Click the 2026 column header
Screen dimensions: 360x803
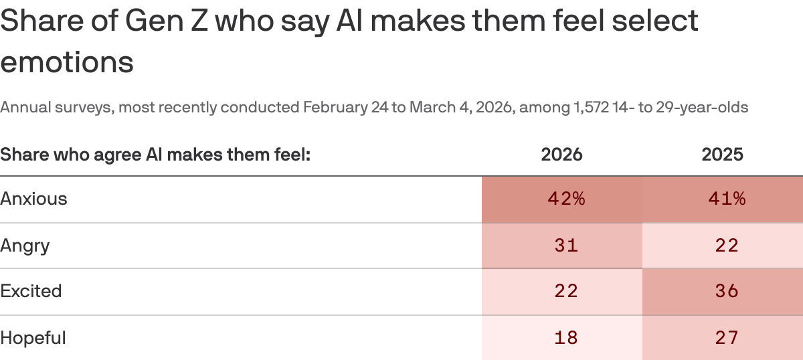coord(561,155)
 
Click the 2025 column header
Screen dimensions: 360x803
coord(722,155)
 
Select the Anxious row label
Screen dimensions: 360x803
coord(34,199)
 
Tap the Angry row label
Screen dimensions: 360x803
coord(25,246)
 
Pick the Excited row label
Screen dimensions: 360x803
coord(31,291)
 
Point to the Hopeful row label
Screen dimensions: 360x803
coord(33,338)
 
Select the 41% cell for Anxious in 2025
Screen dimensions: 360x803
coord(722,199)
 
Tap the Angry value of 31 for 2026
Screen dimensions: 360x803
coord(565,246)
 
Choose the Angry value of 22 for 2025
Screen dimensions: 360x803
coord(726,246)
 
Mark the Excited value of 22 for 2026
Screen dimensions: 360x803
coord(565,291)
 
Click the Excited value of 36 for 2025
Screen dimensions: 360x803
coord(726,291)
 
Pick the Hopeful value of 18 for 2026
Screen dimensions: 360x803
coord(565,338)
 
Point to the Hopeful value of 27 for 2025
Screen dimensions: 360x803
coord(726,338)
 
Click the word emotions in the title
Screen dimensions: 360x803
coord(67,62)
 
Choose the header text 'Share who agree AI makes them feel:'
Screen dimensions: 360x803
coord(156,155)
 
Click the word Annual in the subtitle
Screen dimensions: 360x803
coord(22,107)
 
